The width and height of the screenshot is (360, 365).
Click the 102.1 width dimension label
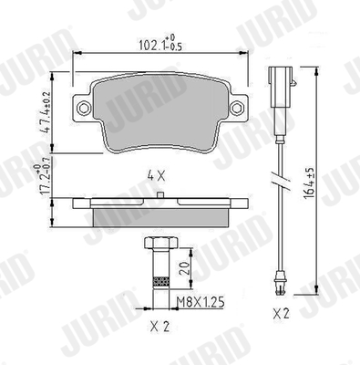click(x=160, y=43)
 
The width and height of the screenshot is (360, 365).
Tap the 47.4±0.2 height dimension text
click(x=46, y=112)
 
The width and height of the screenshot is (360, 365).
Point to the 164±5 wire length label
click(x=310, y=183)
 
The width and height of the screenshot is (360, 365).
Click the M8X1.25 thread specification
click(x=201, y=302)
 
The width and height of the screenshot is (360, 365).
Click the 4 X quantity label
click(x=156, y=176)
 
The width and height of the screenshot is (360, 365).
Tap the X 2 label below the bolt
click(x=160, y=327)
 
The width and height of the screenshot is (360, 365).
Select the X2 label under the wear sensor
click(x=282, y=313)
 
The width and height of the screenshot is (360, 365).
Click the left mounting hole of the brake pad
click(x=84, y=108)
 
